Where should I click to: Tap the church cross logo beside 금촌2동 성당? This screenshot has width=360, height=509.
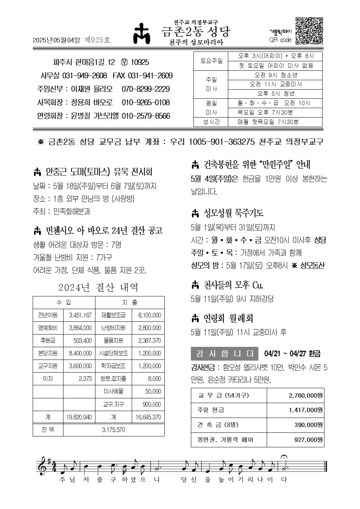[x=144, y=36]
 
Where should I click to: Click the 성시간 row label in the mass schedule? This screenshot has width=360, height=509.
[x=212, y=122]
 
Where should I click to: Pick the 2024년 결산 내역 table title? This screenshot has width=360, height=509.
[x=98, y=288]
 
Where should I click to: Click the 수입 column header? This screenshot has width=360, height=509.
[x=64, y=302]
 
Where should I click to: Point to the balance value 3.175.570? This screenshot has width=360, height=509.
[x=114, y=430]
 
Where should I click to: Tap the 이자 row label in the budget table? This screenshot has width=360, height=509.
[x=48, y=379]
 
